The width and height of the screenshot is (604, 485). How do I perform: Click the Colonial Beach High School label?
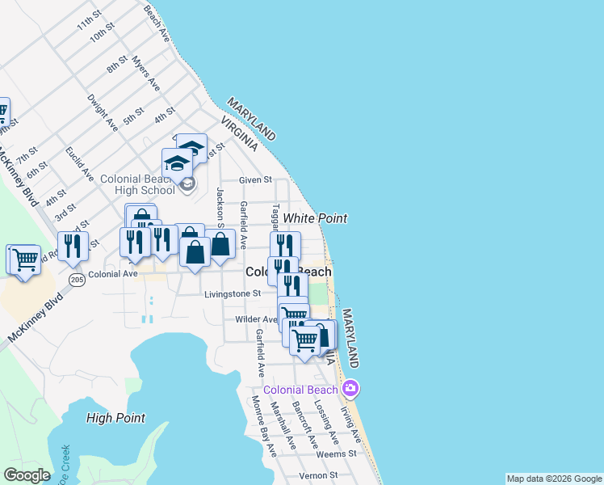[136, 184]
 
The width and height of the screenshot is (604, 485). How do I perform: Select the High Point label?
[115, 418]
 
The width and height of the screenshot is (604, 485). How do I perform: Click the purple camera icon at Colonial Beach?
[350, 389]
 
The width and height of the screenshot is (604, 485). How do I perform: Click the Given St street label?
[255, 180]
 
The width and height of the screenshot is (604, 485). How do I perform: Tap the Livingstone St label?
[233, 294]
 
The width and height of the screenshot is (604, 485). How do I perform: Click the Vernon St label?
[311, 476]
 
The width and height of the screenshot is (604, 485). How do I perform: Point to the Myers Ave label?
[146, 74]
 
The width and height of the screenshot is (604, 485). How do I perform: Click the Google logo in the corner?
[27, 474]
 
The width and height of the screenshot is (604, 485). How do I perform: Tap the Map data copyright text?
[554, 479]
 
